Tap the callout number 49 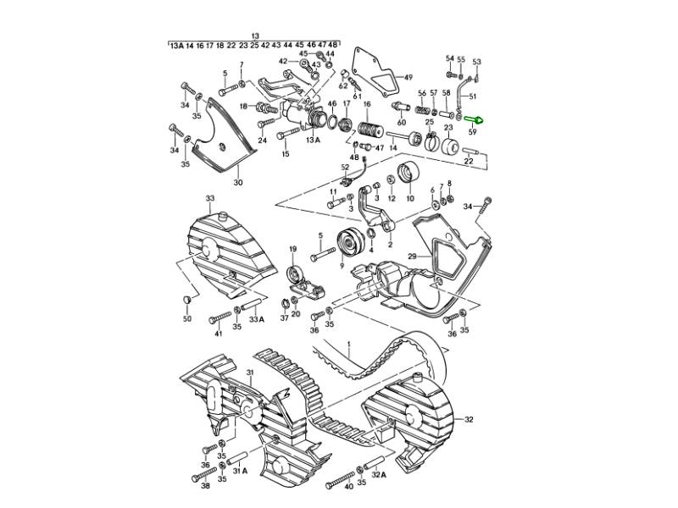pyautogui.click(x=408, y=76)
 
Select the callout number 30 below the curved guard pyautogui.click(x=238, y=182)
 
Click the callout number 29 pyautogui.click(x=414, y=256)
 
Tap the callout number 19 pyautogui.click(x=293, y=249)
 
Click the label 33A pyautogui.click(x=257, y=319)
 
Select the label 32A pyautogui.click(x=377, y=475)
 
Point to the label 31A pyautogui.click(x=239, y=470)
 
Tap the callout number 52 pyautogui.click(x=345, y=168)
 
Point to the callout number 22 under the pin pyautogui.click(x=468, y=160)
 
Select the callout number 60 pyautogui.click(x=401, y=123)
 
